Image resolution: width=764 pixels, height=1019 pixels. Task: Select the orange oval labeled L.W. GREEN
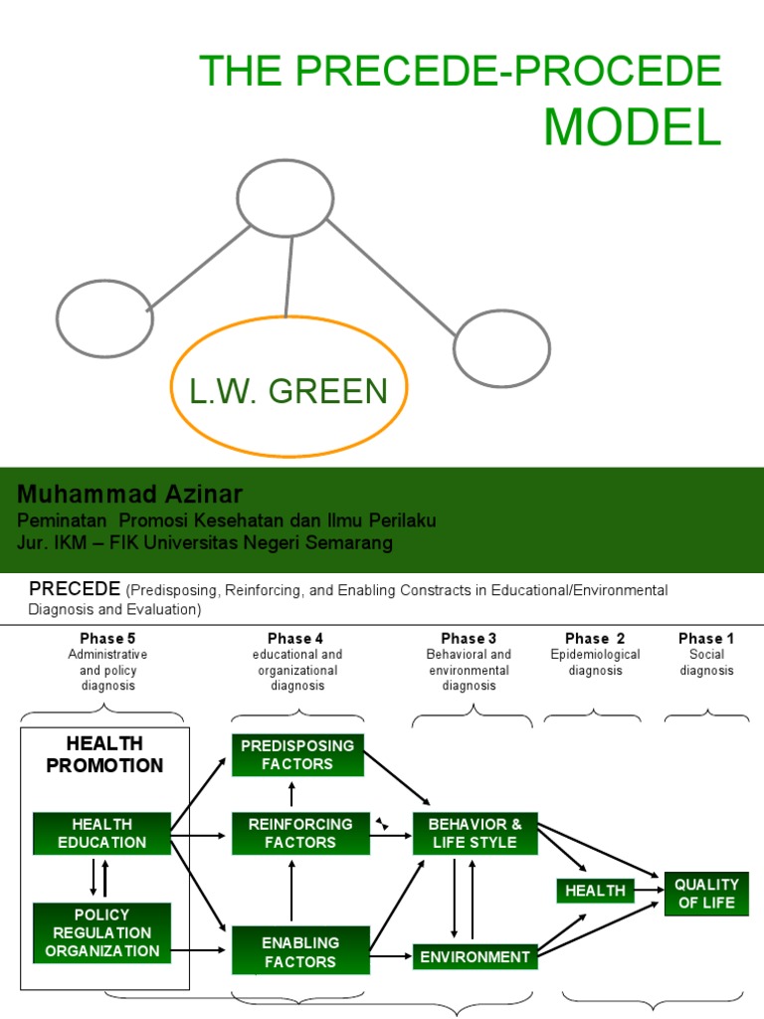[x=288, y=392]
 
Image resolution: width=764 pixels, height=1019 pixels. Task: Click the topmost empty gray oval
[x=286, y=197]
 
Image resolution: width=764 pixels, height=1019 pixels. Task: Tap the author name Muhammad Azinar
[x=130, y=495]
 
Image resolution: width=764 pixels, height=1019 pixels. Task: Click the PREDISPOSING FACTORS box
[x=298, y=755]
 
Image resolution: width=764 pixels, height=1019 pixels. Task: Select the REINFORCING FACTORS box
[x=300, y=833]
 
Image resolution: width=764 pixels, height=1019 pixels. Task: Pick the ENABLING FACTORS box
[x=300, y=951]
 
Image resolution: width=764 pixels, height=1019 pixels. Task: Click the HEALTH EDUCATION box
[x=101, y=833]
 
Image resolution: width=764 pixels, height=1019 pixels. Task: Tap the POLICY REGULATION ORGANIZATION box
[x=101, y=932]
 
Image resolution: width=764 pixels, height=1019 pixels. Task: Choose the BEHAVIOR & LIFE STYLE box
[x=475, y=833]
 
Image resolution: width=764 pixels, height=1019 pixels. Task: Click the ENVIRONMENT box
[x=475, y=956]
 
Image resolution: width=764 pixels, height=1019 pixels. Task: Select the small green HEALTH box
[x=595, y=891]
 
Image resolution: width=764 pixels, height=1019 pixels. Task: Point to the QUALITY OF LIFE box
[x=706, y=893]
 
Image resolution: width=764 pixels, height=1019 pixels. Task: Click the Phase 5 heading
[x=107, y=638]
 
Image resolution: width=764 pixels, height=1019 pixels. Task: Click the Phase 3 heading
[x=469, y=638]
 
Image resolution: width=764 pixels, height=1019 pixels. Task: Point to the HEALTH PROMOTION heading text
[x=104, y=754]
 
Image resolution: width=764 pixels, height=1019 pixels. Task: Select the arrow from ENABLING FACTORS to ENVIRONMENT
[x=391, y=956]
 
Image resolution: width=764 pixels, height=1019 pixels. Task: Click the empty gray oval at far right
[x=501, y=348]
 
